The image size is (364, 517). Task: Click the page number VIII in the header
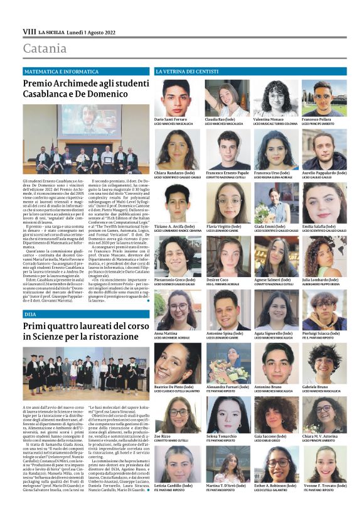29,31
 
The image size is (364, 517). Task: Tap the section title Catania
45,49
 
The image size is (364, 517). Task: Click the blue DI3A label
30,313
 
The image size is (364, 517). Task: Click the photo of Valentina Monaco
276,97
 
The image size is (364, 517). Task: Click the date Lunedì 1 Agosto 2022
87,31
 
